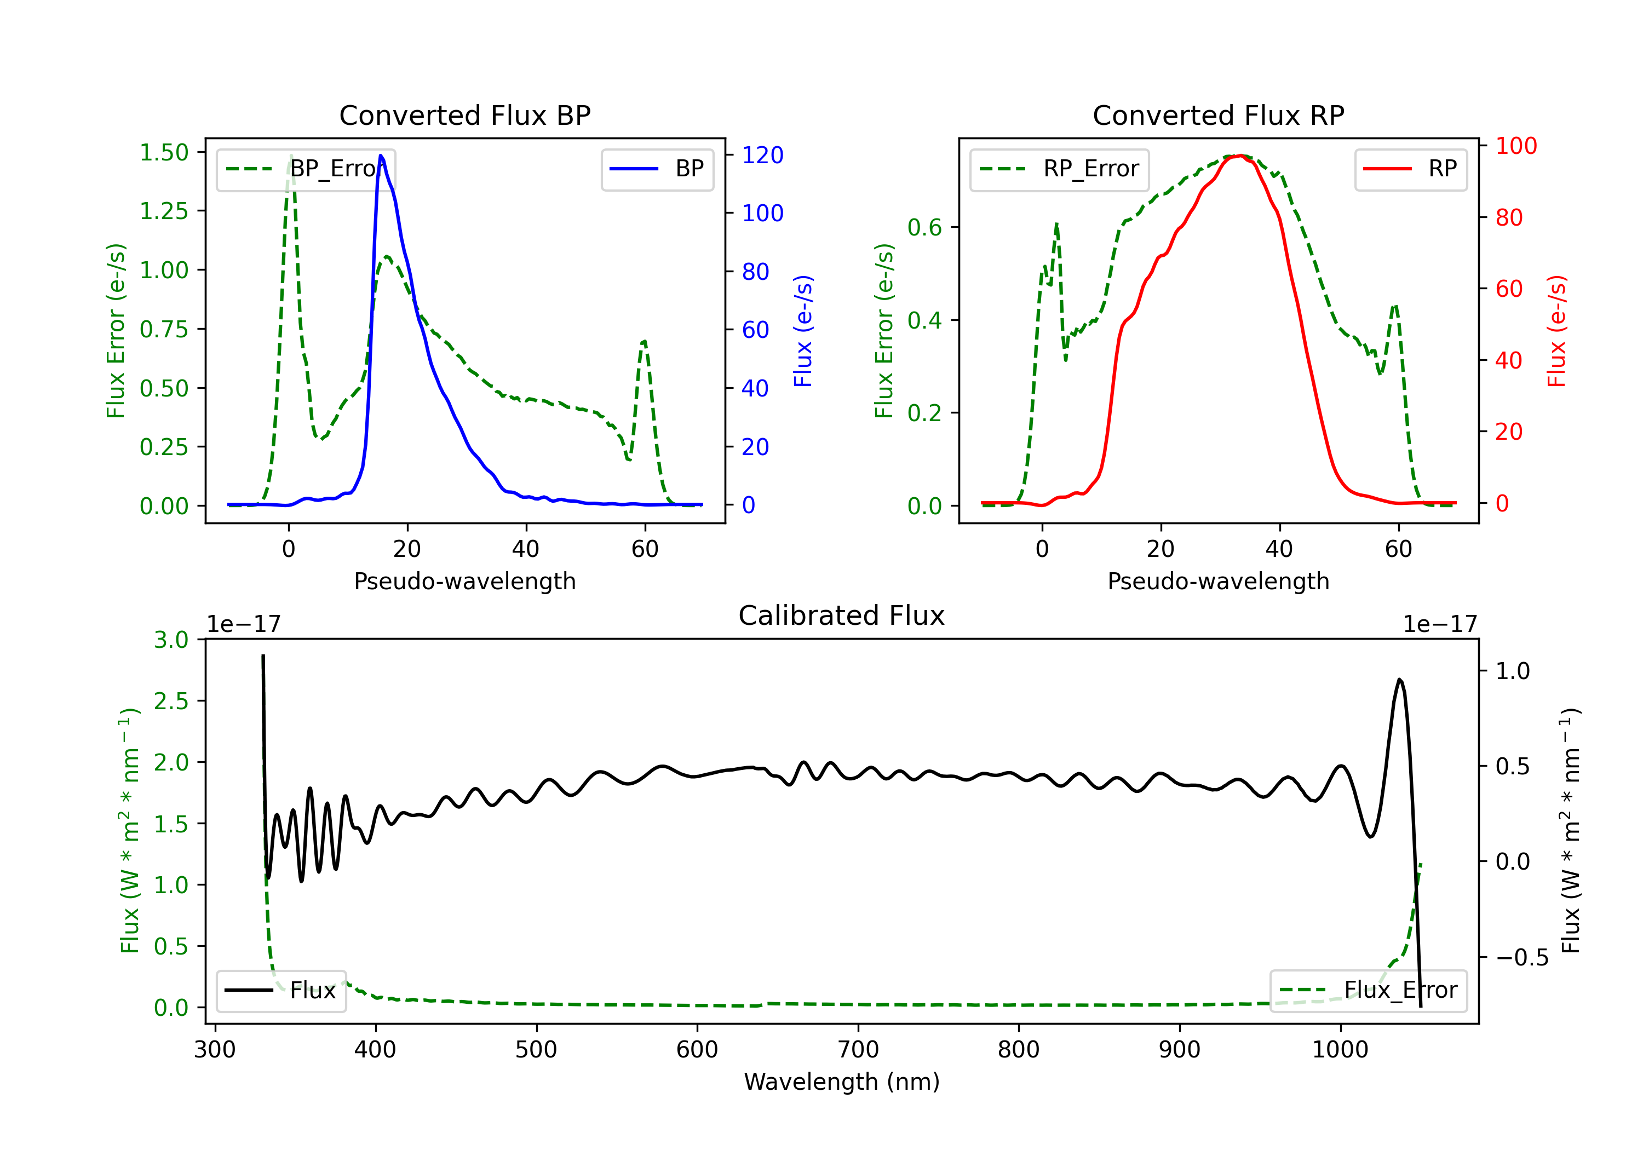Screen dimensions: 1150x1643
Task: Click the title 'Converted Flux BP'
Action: pyautogui.click(x=464, y=115)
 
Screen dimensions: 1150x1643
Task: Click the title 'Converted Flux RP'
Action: pyautogui.click(x=1218, y=115)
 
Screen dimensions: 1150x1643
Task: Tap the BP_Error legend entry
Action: pyautogui.click(x=306, y=169)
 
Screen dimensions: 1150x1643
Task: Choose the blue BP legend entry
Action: pyautogui.click(x=657, y=169)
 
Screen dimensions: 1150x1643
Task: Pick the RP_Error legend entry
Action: pyautogui.click(x=1059, y=169)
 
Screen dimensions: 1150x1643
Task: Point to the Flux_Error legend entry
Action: pyautogui.click(x=1368, y=991)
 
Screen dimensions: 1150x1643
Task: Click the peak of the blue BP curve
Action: pyautogui.click(x=381, y=156)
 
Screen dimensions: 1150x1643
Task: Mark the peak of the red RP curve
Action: pyautogui.click(x=1242, y=156)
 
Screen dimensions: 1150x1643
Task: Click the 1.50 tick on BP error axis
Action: pyautogui.click(x=164, y=152)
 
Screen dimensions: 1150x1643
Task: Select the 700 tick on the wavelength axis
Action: pyautogui.click(x=858, y=1050)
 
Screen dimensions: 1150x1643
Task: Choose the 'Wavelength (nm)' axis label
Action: pyautogui.click(x=842, y=1082)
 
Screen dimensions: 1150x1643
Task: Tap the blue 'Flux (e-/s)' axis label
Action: pyautogui.click(x=803, y=331)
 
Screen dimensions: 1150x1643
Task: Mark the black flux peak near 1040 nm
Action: pyautogui.click(x=1400, y=679)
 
